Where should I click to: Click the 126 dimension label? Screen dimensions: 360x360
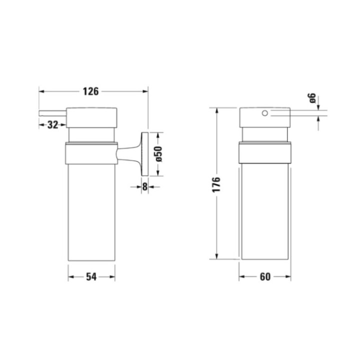91,91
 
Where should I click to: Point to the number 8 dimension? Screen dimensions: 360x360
145,186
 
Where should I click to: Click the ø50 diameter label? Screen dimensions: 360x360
158,154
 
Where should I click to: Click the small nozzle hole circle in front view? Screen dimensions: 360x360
265,114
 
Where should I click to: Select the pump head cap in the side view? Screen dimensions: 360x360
92,117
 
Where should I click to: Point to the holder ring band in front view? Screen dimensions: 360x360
265,153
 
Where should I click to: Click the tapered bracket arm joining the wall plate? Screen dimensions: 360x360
129,153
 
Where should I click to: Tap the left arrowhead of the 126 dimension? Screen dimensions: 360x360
41,91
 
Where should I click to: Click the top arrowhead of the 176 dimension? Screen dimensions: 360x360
216,110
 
